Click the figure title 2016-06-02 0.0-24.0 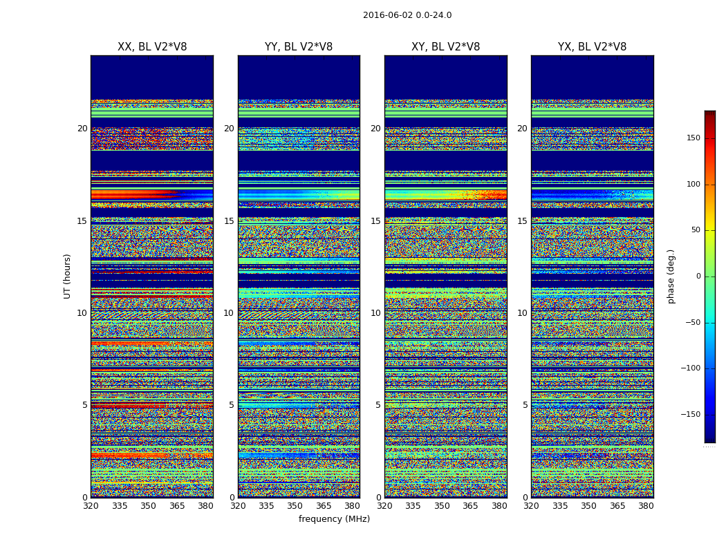point(407,15)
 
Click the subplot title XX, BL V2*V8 point(152,47)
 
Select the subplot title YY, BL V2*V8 point(299,47)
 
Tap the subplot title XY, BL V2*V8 point(445,47)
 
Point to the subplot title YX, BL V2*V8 point(592,47)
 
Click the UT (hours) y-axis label point(68,276)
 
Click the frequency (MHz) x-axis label point(334,519)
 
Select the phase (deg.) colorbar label point(671,276)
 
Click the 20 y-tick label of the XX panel point(82,129)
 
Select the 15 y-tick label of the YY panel point(229,221)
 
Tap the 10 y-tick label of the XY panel point(375,313)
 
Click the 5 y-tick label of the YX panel point(525,405)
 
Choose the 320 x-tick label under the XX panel point(91,506)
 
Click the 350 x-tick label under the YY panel point(295,506)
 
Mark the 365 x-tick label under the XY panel point(470,506)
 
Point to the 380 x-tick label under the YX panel point(646,506)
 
